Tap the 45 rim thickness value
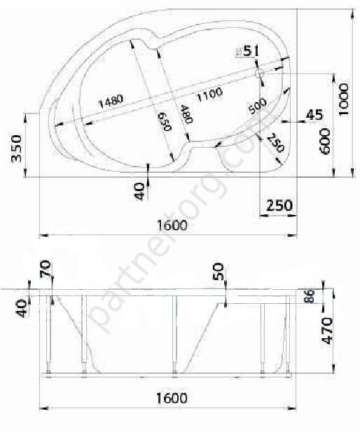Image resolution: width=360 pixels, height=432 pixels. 314,116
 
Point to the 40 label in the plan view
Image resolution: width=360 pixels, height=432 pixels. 139,190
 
